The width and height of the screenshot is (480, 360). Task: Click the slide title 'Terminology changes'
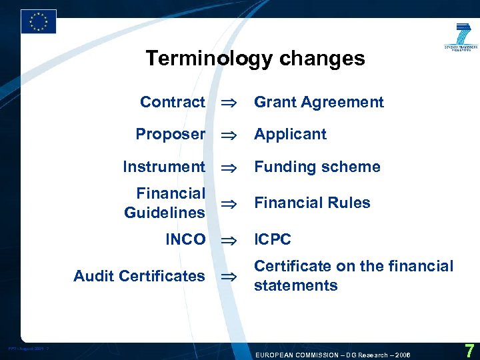pyautogui.click(x=255, y=59)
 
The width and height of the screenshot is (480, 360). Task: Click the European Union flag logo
pyautogui.click(x=38, y=21)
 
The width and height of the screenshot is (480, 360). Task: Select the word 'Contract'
pyautogui.click(x=173, y=102)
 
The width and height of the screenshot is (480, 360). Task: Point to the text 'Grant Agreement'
pyautogui.click(x=319, y=102)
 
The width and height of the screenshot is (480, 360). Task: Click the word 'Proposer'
pyautogui.click(x=170, y=134)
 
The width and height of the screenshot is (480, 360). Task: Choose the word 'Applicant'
pyautogui.click(x=290, y=134)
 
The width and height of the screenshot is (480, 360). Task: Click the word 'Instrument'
pyautogui.click(x=164, y=167)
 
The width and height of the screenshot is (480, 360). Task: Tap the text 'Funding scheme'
pyautogui.click(x=317, y=167)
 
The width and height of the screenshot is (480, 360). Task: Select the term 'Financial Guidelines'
pyautogui.click(x=165, y=203)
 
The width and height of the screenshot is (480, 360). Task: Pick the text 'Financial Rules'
pyautogui.click(x=312, y=203)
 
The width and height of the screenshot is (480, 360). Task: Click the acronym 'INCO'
pyautogui.click(x=185, y=239)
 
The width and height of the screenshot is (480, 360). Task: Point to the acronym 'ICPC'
pyautogui.click(x=273, y=239)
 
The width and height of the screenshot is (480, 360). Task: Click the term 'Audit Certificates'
pyautogui.click(x=139, y=275)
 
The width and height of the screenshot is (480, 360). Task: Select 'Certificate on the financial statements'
pyautogui.click(x=353, y=275)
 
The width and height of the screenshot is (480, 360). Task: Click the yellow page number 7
pyautogui.click(x=469, y=351)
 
